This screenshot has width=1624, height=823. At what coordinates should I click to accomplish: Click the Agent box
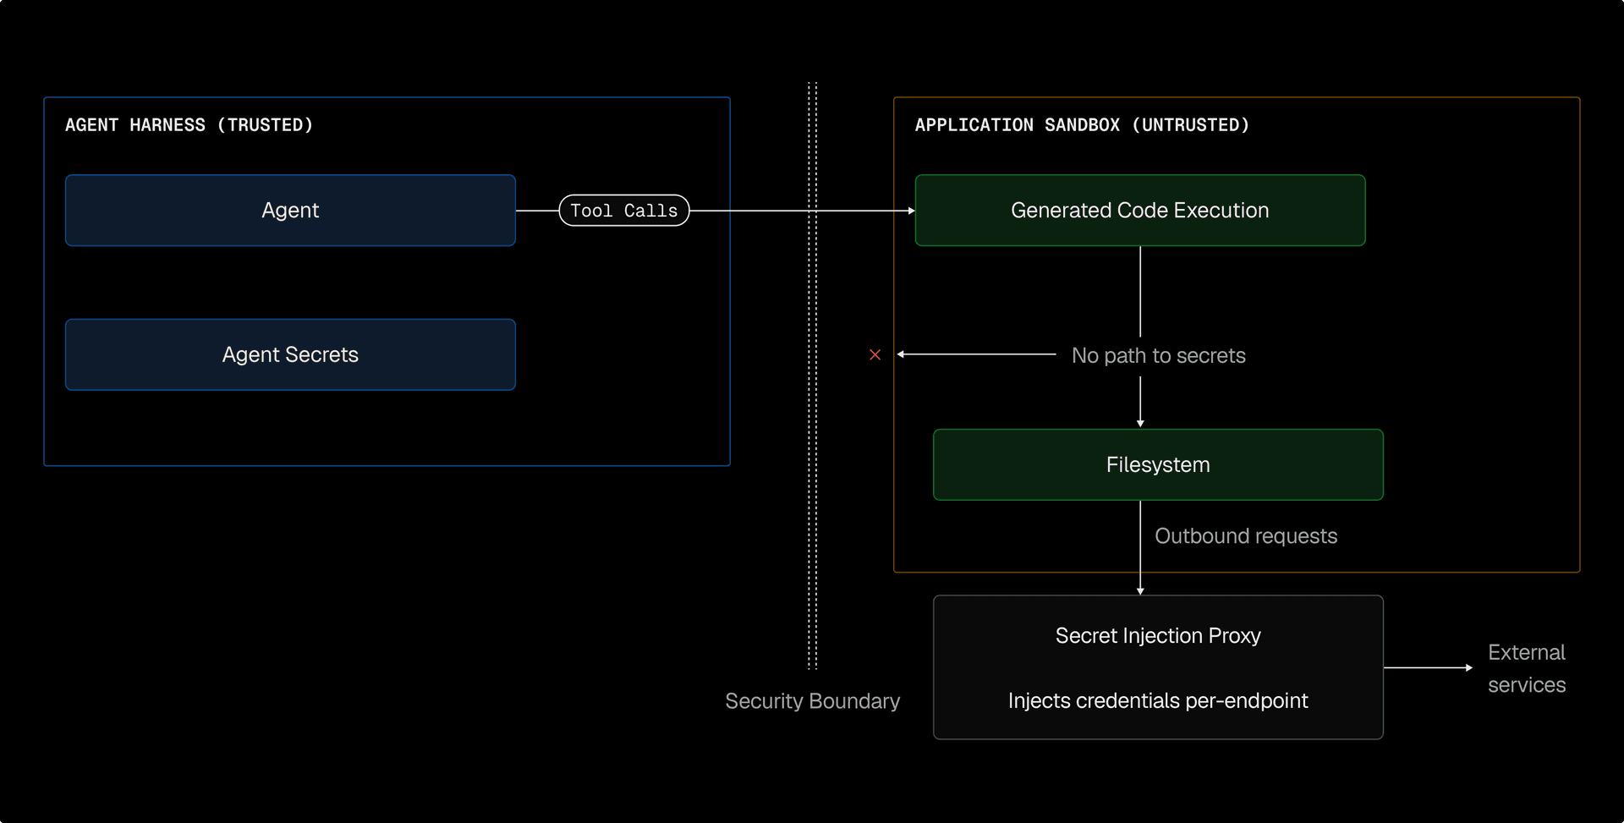(290, 211)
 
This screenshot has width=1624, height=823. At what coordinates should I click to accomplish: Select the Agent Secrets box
(290, 354)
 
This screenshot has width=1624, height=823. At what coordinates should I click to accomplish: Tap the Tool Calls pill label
(624, 211)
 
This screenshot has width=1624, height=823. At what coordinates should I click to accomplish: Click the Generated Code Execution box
(1139, 211)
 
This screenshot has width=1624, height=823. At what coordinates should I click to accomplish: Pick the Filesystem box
(1158, 464)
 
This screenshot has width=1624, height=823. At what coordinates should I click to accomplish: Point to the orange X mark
(875, 354)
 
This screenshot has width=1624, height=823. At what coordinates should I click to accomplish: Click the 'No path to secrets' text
(1158, 355)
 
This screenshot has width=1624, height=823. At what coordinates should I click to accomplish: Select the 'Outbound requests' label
(1245, 536)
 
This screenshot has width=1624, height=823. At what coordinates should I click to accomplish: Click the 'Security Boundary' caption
(812, 701)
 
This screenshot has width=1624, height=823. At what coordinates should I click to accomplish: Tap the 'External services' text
(1527, 668)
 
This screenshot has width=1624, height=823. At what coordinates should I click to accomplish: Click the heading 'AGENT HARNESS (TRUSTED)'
(189, 125)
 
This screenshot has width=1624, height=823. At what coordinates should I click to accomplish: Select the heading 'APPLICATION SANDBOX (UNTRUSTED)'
(1082, 125)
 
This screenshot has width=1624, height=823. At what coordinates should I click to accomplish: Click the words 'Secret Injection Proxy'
(1158, 635)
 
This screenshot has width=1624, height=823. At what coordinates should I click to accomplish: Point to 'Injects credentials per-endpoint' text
(1158, 700)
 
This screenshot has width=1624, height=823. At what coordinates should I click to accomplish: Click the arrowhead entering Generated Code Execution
(911, 211)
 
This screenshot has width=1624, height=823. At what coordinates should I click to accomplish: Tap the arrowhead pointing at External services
(1468, 667)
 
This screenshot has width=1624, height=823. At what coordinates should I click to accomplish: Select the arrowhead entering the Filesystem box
(1140, 423)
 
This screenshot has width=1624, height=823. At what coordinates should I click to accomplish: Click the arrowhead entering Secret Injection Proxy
(1140, 590)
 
